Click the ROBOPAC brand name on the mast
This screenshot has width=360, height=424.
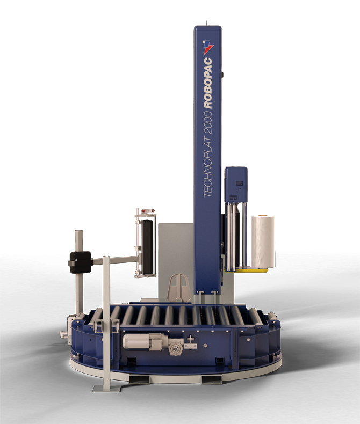(x=208, y=83)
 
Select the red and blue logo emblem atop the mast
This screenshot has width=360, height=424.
(x=208, y=47)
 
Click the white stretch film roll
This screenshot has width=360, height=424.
(x=262, y=241)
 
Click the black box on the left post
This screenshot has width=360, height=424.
(x=81, y=262)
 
